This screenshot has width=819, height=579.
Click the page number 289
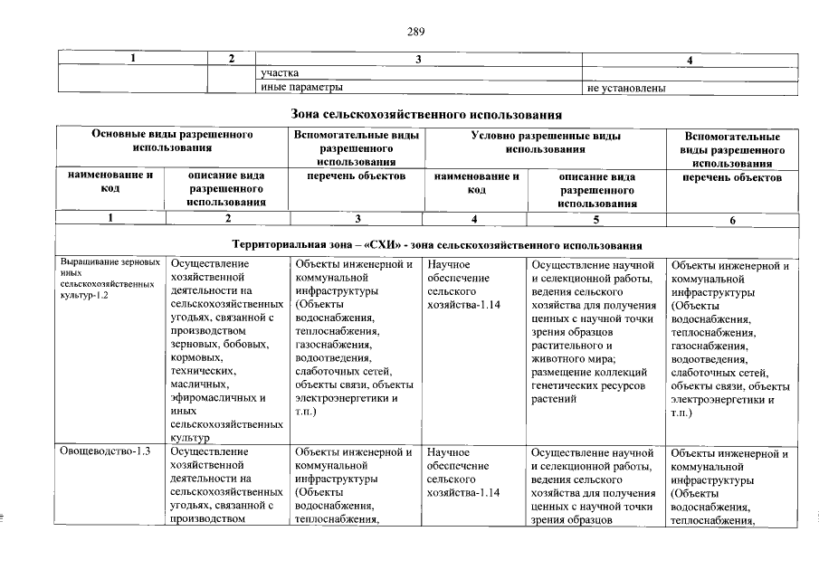tap(415, 32)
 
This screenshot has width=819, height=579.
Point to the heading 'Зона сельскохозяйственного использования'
tap(426, 115)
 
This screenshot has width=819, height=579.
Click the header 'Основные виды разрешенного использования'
tap(172, 140)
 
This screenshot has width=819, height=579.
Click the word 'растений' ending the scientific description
tap(553, 397)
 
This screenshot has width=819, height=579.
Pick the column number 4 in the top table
tap(690, 59)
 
